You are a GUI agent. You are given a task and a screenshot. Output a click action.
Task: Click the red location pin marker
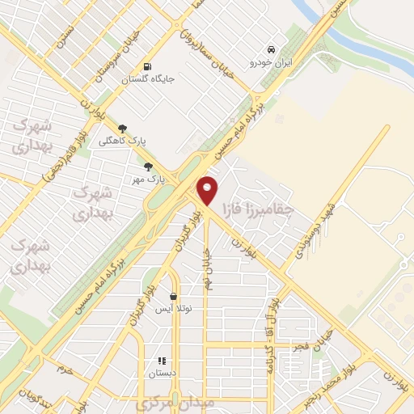[208, 190]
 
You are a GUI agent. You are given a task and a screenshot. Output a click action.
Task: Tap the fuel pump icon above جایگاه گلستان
[146, 67]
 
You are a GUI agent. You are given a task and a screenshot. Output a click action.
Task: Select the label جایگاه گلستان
[148, 79]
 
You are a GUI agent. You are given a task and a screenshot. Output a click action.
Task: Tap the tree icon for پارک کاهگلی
[122, 128]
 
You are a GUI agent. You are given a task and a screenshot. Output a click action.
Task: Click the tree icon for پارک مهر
[147, 167]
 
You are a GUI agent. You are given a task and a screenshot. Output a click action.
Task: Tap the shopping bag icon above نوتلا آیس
[172, 296]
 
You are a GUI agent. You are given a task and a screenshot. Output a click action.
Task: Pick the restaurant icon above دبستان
[160, 361]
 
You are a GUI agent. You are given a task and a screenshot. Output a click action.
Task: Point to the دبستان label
[161, 374]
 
